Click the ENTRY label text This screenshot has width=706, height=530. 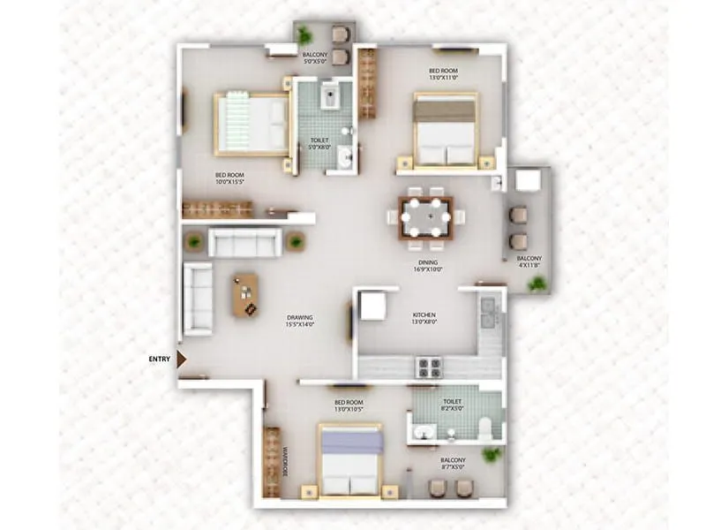click(x=160, y=359)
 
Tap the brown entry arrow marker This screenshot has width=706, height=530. click(x=182, y=359)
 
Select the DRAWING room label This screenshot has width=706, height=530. click(x=300, y=322)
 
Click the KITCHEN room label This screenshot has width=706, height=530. click(x=424, y=319)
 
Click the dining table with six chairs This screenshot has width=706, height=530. click(x=425, y=216)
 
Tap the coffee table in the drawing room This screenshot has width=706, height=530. click(x=245, y=295)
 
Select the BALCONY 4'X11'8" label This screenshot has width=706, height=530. click(x=529, y=262)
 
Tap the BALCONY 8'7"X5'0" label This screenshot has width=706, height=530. click(x=454, y=464)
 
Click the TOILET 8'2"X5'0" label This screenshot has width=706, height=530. click(x=453, y=405)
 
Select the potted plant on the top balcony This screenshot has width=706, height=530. click(x=304, y=35)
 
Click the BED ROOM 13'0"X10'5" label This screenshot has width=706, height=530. click(x=348, y=405)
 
